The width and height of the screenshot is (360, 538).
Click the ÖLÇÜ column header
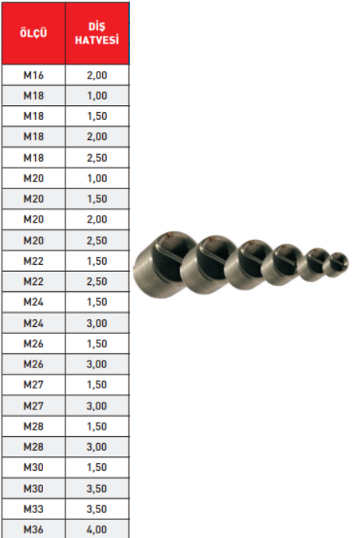34,33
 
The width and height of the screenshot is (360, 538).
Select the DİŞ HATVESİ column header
97,33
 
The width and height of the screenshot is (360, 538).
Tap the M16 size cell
34,76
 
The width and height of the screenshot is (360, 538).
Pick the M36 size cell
34,529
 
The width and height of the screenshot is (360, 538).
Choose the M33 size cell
34,509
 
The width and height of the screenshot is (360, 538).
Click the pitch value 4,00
97,529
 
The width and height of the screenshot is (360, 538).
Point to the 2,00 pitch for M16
97,76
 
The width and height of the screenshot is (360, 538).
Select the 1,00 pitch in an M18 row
97,96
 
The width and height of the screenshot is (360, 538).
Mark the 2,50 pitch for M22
97,281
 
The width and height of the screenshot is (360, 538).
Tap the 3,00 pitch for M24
97,323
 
